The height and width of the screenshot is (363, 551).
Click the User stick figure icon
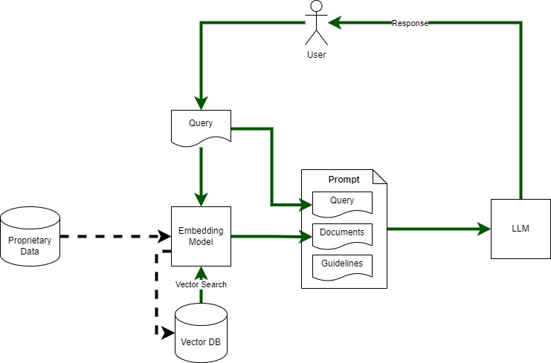coord(318,23)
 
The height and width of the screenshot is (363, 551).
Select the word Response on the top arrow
coord(410,23)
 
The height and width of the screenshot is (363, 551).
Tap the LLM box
coord(521,229)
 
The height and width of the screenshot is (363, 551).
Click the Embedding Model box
coord(201,236)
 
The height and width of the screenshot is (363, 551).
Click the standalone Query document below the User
coord(201,126)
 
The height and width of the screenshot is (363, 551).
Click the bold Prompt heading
coord(344,180)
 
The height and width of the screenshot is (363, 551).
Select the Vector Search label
coord(201,284)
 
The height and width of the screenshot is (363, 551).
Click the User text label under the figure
coord(317,55)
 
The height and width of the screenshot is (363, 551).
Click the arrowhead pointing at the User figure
coord(335,23)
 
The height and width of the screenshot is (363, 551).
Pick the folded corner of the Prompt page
coord(379,177)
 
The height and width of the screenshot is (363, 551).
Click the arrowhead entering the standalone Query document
coord(201,104)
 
